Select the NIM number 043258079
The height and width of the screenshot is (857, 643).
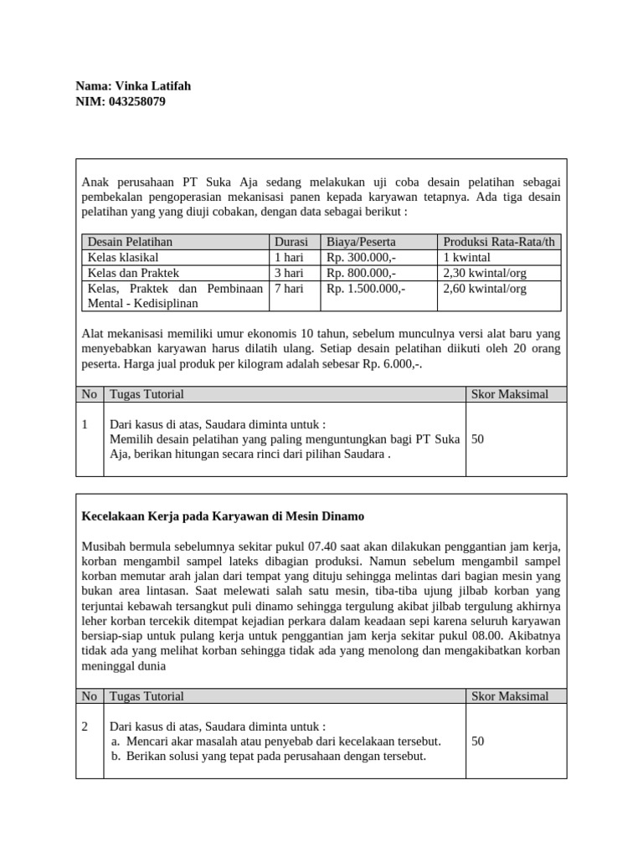coord(144,101)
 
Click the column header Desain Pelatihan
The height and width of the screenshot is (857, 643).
coord(130,242)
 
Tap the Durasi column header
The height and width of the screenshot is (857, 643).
coord(291,242)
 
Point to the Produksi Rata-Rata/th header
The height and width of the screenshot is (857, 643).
coord(499,242)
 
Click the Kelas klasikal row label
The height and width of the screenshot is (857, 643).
coord(123,257)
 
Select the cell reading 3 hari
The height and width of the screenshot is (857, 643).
coord(289,273)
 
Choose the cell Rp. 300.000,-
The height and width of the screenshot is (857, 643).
coord(361,257)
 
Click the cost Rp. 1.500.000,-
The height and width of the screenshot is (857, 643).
coord(366,289)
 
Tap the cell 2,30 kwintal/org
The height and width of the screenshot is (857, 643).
coord(485,273)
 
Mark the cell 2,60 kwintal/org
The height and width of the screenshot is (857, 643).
coord(485,289)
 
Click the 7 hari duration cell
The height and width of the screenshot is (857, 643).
coord(289,289)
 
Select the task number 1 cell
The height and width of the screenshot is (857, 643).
coord(86,425)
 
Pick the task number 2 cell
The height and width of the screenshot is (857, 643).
coord(86,726)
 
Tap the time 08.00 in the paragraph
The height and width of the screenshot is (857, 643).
coord(500,636)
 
